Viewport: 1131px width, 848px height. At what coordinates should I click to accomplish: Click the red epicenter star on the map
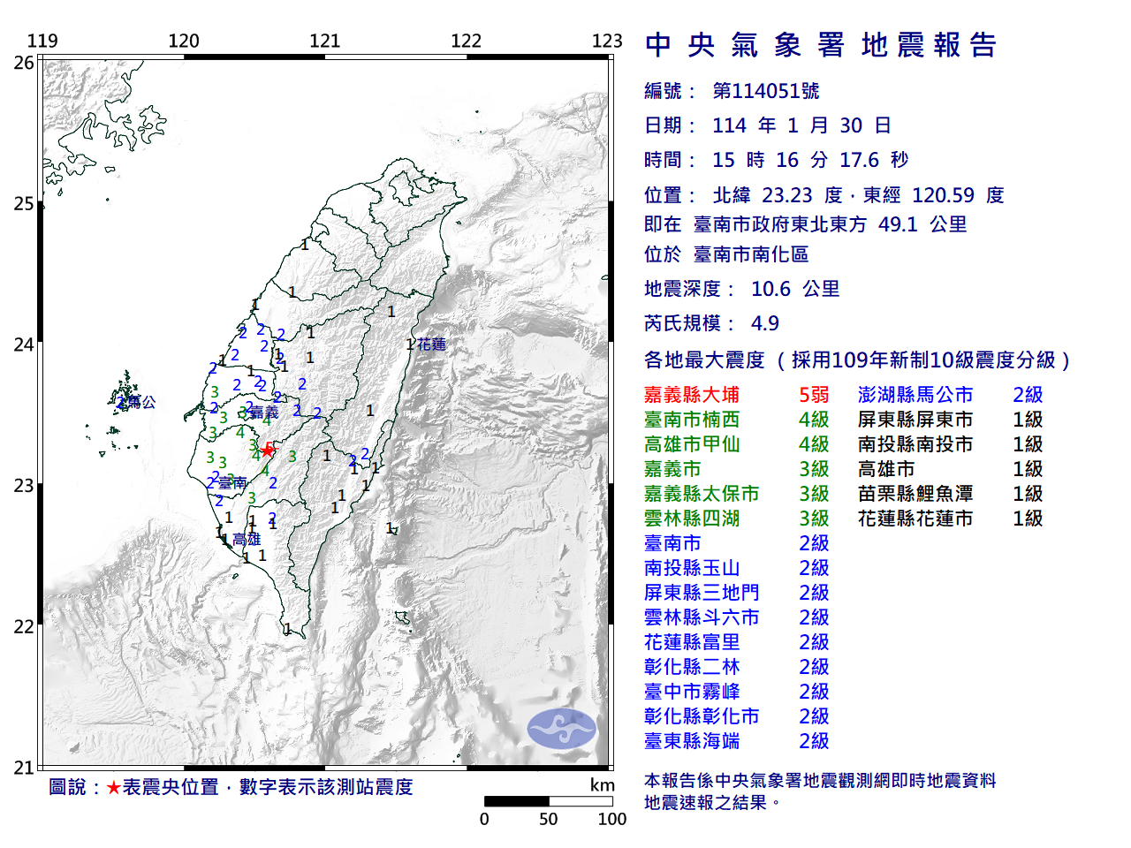tap(267, 450)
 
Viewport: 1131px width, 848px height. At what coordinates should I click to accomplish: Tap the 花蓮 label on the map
tap(432, 344)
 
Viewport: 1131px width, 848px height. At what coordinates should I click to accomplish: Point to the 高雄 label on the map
tap(247, 539)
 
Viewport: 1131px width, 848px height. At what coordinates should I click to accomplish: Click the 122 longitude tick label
tap(466, 41)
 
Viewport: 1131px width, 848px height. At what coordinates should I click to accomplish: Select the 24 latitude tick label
tap(24, 344)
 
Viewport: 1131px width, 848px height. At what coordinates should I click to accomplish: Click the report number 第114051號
tap(765, 91)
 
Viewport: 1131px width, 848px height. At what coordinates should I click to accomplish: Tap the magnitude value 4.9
tap(764, 323)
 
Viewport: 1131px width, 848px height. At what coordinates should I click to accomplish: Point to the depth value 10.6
tap(770, 289)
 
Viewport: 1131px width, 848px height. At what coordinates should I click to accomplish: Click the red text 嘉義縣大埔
tap(692, 395)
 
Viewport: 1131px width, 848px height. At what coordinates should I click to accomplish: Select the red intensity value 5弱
tap(814, 395)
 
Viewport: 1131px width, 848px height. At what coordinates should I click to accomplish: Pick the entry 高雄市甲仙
tap(692, 444)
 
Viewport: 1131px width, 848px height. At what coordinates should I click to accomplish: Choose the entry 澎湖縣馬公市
tap(915, 395)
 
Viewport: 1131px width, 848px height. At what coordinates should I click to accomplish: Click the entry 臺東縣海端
tap(692, 741)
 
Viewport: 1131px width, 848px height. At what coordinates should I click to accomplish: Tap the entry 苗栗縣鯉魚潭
tap(915, 494)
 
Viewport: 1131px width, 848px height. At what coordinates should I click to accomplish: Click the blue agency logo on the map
tap(561, 729)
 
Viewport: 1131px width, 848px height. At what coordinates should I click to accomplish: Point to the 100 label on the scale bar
tap(611, 819)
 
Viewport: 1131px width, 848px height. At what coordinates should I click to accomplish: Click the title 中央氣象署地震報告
tap(821, 45)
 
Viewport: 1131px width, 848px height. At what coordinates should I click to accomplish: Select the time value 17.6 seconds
tap(859, 160)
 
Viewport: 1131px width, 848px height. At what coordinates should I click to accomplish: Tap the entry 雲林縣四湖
tap(692, 519)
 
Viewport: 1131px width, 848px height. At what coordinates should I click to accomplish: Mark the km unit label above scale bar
tap(603, 785)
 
